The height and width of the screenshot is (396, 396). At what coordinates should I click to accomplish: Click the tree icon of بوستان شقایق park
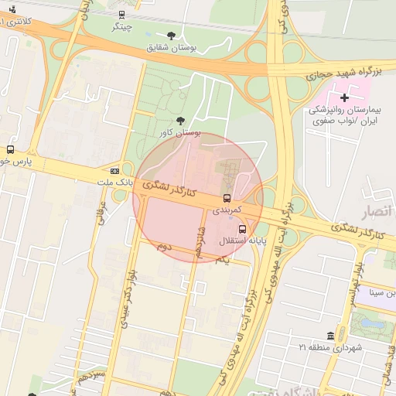pos(171,36)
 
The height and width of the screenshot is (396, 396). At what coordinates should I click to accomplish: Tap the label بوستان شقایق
pos(172,47)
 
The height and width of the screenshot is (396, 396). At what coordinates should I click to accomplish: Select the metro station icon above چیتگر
pos(121,15)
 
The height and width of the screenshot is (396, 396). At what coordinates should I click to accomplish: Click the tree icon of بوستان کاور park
pos(180,121)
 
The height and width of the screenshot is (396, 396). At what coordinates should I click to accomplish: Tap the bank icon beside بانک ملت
pos(114,171)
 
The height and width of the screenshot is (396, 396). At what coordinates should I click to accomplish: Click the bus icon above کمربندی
pos(227,198)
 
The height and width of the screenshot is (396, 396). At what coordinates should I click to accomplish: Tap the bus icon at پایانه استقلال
pos(242,230)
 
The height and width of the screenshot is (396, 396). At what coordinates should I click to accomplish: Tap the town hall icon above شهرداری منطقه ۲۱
pos(331,335)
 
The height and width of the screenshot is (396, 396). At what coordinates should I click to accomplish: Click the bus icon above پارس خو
pos(10,149)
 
